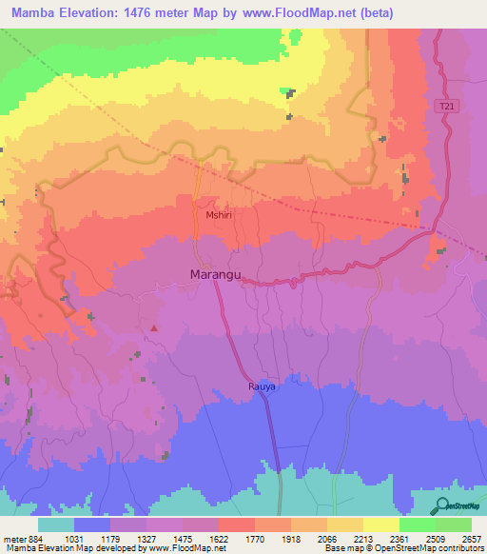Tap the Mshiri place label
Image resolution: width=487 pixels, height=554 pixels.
point(219,216)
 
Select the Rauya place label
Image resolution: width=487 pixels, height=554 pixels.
point(263,387)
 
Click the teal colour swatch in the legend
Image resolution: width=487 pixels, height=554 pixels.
point(56,524)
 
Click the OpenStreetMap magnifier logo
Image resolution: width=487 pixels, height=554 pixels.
point(439,505)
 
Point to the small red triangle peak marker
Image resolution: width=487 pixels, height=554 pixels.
point(153,328)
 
